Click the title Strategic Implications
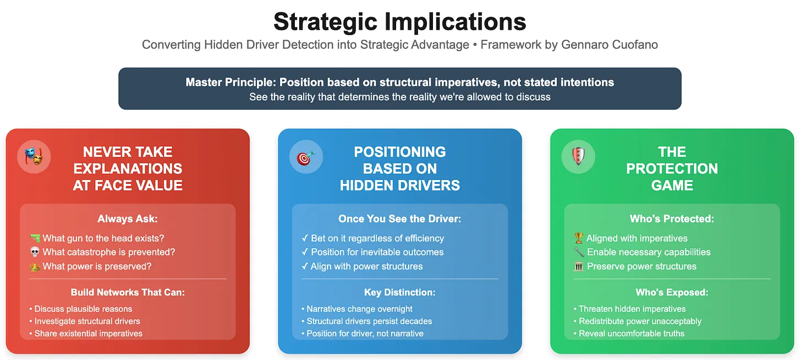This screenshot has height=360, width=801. click(x=400, y=22)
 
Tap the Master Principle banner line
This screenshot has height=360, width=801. click(x=400, y=83)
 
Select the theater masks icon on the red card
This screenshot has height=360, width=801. click(x=34, y=156)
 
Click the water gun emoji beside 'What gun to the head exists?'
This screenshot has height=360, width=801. click(x=35, y=238)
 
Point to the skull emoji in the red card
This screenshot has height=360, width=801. click(x=35, y=252)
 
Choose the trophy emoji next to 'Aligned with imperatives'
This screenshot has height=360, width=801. click(x=579, y=238)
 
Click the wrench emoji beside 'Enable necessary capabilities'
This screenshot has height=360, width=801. click(x=579, y=252)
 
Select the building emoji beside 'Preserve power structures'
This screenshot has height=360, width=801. click(x=579, y=266)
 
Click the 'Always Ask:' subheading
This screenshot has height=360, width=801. click(x=128, y=219)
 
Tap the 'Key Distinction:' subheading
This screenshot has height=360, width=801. click(x=400, y=293)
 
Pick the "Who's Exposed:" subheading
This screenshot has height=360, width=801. click(x=672, y=293)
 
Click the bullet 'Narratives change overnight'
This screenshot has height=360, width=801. click(x=359, y=309)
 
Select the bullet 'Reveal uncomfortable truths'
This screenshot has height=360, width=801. click(x=632, y=334)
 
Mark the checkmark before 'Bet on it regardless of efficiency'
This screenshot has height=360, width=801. click(x=305, y=238)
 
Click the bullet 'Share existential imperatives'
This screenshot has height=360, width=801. click(x=88, y=334)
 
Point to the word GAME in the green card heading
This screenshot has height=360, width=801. click(x=672, y=186)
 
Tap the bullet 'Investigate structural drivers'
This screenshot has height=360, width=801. click(x=87, y=321)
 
